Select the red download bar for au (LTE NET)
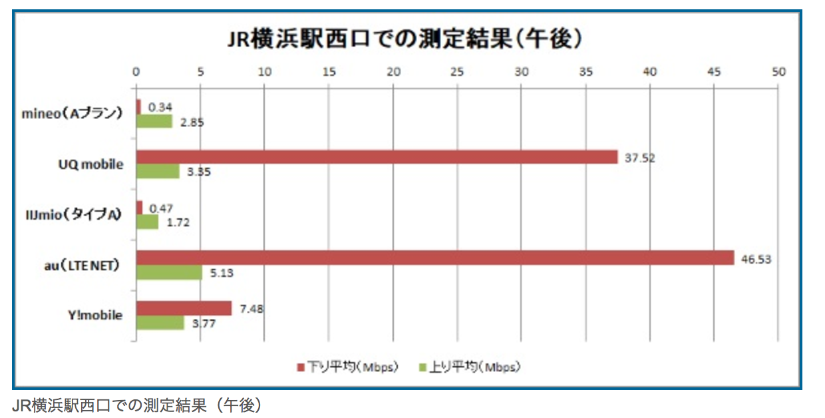tap(435, 258)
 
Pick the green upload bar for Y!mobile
tap(160, 323)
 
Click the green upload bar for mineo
tap(154, 121)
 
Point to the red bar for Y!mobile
tap(184, 308)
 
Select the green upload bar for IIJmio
tap(147, 222)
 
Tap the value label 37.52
tap(639, 158)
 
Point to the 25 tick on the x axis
tap(457, 71)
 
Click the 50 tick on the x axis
tap(778, 71)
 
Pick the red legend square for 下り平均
tap(299, 367)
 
